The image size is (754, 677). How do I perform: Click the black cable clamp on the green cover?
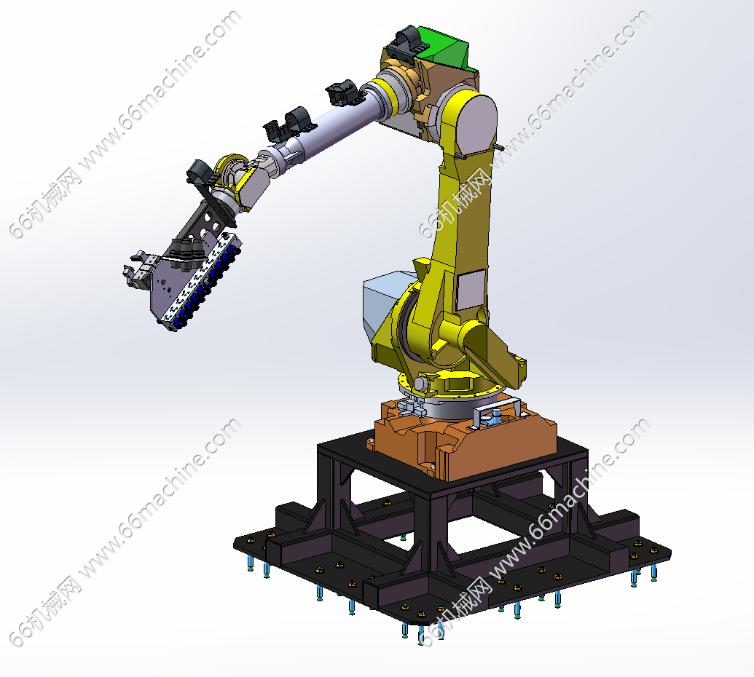407,42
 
